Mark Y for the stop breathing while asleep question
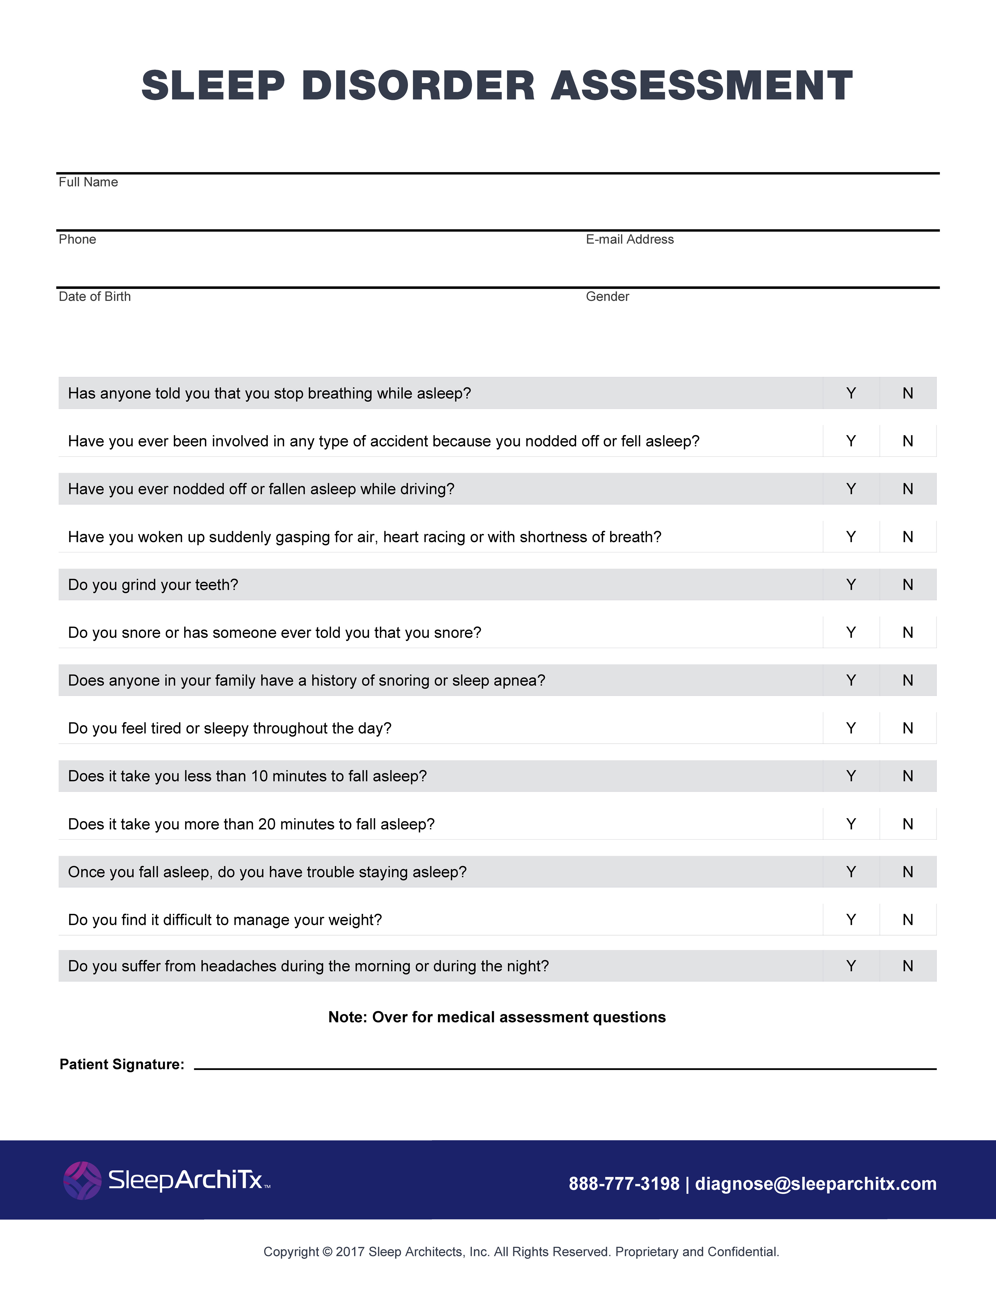[851, 393]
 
